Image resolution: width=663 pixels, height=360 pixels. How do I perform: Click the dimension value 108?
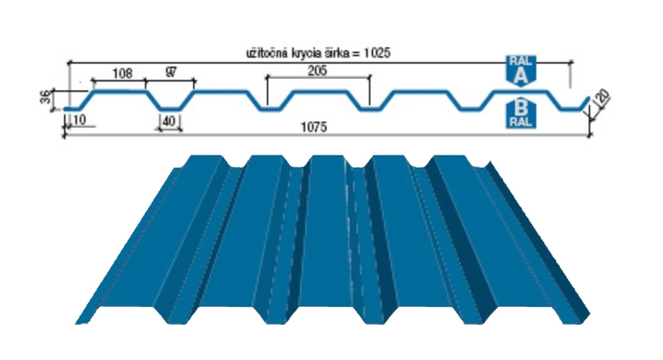coord(122,73)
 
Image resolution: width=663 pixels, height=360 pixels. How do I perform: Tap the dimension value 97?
coord(170,72)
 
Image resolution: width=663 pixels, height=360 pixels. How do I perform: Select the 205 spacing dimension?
coord(317,70)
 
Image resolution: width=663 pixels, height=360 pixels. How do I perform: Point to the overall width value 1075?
coord(314,127)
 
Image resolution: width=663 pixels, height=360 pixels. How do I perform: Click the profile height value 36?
coord(45,99)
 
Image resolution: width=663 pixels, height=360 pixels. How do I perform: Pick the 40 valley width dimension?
coord(169,121)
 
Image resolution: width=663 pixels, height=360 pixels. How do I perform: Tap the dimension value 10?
coord(79,119)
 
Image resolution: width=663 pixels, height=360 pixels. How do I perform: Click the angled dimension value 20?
coord(603,97)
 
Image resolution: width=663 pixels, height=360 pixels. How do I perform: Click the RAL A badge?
coord(521,70)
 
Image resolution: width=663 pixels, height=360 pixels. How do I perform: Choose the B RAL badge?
coord(521,113)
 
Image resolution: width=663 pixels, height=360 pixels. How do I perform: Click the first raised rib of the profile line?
coord(119,91)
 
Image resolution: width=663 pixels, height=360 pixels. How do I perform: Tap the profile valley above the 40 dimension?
coord(170,109)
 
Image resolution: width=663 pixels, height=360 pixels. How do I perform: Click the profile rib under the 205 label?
coord(318,91)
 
